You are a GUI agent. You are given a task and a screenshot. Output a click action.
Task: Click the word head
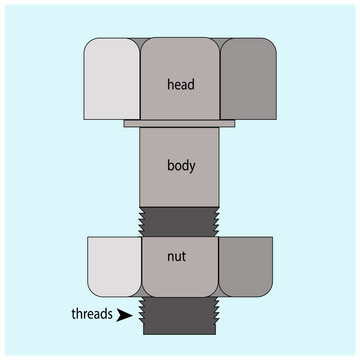coord(180,84)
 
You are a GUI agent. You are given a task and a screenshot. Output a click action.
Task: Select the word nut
coord(180,256)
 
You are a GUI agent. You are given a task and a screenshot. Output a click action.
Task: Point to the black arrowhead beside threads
coord(124,315)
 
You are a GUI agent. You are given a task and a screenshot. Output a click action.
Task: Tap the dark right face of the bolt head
coord(247,80)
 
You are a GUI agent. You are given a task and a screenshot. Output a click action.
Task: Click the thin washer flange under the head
coord(180,124)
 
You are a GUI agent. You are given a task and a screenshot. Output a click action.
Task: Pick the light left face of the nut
coord(114,267)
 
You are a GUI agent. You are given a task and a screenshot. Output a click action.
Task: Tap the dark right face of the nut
coord(246,267)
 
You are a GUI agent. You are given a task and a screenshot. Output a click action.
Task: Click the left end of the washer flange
coord(127,124)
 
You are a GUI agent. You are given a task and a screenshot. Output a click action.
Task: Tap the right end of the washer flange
coord(233,124)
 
